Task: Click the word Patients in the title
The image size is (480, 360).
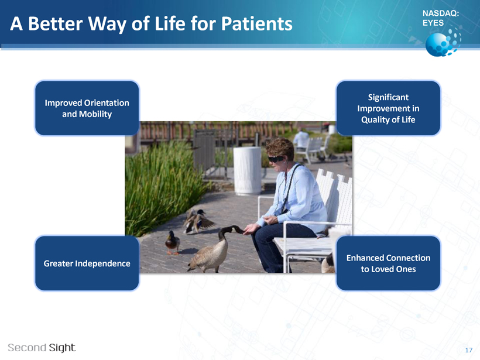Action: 256,23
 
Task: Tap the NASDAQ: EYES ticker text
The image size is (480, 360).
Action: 441,18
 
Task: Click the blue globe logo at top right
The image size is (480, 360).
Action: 443,42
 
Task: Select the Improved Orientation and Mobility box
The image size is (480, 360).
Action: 87,108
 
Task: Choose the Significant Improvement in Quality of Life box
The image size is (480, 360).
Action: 388,108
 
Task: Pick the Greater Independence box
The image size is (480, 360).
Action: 87,263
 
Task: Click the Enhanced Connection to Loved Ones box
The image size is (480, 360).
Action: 388,263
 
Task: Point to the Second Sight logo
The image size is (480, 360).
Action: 42,348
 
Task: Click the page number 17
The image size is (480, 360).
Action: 469,350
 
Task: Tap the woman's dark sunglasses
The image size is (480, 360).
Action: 276,159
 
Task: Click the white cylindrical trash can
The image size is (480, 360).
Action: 248,170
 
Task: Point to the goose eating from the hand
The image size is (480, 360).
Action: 214,249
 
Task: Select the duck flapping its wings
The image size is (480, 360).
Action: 198,222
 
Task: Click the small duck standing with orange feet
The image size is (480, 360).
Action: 173,242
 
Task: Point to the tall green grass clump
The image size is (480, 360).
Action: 164,187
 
